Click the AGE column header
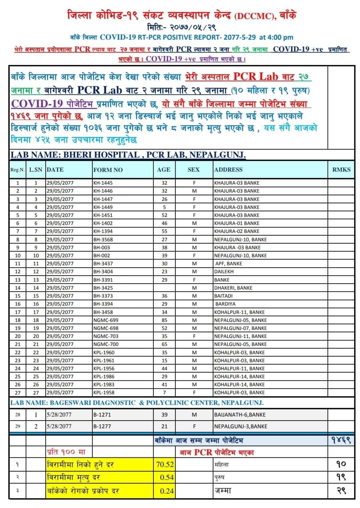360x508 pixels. click(x=163, y=170)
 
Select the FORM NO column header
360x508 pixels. click(x=108, y=170)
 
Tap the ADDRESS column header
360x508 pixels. click(x=228, y=170)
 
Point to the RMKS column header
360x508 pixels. click(x=341, y=170)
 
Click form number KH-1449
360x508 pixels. click(x=103, y=207)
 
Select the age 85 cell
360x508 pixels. click(x=164, y=320)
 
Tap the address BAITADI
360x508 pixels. click(x=223, y=296)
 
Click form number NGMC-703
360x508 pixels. click(x=106, y=336)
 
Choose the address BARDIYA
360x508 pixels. click(x=225, y=304)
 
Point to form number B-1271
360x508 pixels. click(x=102, y=415)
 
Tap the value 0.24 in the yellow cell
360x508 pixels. click(x=167, y=491)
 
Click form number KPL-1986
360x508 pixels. click(x=104, y=376)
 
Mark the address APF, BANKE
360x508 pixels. click(x=229, y=263)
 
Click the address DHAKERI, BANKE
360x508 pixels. click(x=233, y=288)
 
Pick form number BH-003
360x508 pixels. click(x=102, y=248)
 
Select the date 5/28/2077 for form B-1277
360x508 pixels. click(x=59, y=426)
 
